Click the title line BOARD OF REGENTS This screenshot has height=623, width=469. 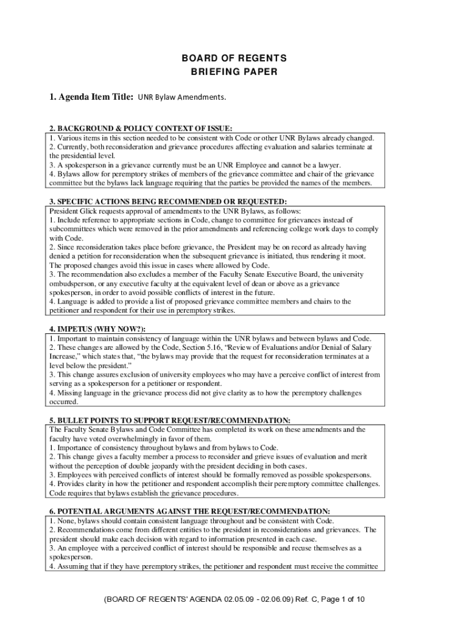coord(233,58)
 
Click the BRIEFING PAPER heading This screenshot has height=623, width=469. coord(233,72)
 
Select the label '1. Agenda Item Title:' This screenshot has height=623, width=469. coord(91,97)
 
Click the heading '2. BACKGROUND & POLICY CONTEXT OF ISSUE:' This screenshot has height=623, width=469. coord(141,128)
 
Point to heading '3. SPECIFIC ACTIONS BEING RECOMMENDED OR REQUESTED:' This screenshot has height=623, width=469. coord(168,201)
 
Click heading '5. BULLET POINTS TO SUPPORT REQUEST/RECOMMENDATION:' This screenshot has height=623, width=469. coord(170,420)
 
